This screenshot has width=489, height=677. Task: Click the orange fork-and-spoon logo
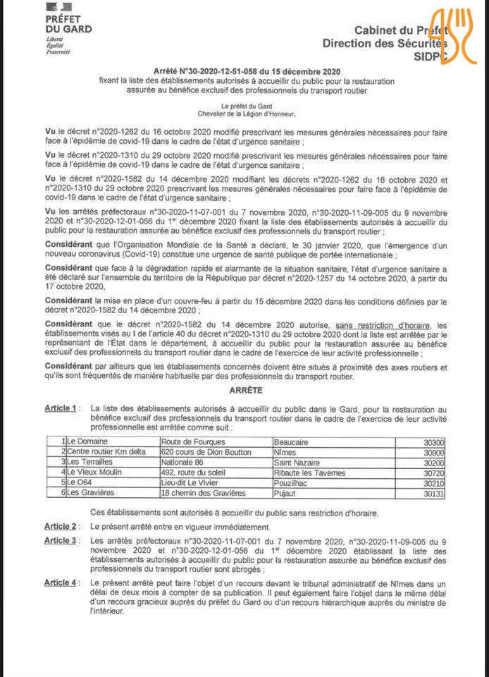coord(454,37)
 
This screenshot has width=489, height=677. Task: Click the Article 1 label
coord(61,408)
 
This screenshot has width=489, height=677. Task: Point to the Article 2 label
coord(61,526)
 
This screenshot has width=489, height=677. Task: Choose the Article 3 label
coord(61,540)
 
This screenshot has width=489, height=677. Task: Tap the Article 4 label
coord(61,583)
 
